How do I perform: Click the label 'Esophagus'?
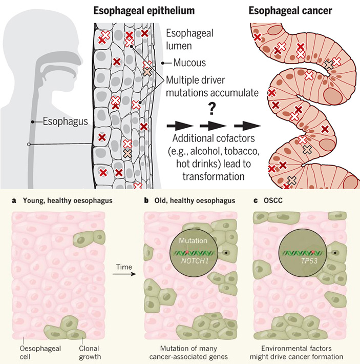[63, 122]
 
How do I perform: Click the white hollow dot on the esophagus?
[29, 145]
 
